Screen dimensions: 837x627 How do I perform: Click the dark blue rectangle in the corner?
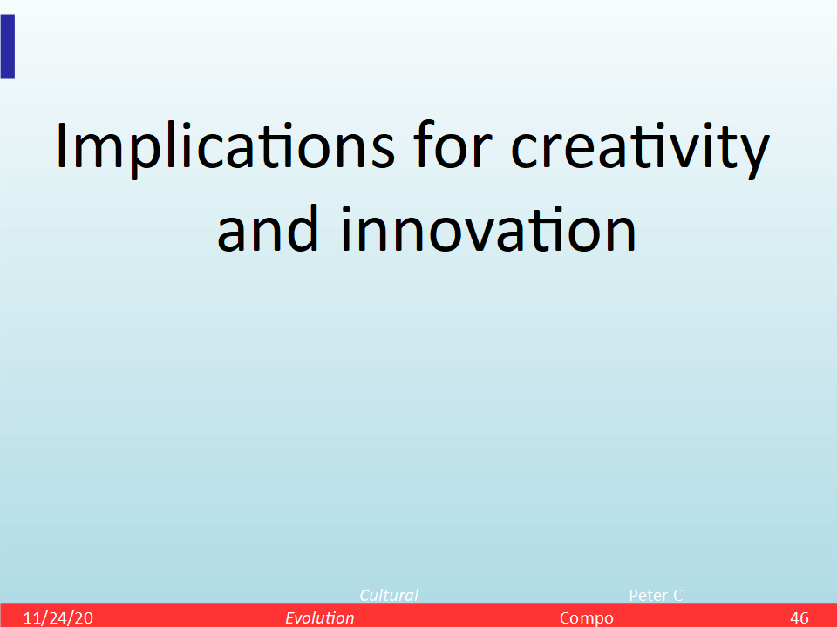(x=8, y=46)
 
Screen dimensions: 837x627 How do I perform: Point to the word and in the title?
(x=268, y=227)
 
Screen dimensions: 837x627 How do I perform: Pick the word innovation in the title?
(x=488, y=227)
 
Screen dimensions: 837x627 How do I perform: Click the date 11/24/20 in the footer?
(x=58, y=618)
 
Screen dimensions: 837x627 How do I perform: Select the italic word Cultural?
(x=389, y=595)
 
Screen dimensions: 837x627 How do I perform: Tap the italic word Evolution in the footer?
(x=319, y=618)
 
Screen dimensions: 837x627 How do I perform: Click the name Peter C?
(x=656, y=595)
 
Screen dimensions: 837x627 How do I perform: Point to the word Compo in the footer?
(x=586, y=618)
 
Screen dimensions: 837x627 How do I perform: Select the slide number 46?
(x=800, y=618)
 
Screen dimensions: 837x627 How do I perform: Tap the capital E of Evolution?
(x=289, y=618)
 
